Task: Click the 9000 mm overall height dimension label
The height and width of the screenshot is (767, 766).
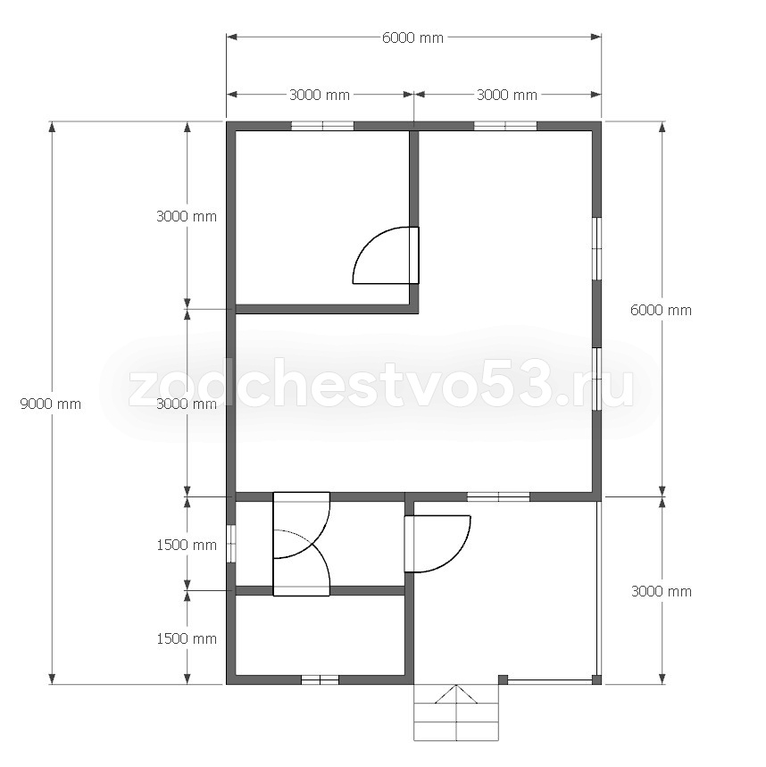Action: [x=50, y=404]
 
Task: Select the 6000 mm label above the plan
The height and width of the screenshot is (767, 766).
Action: [x=412, y=38]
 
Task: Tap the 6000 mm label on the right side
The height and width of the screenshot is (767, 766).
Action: [x=661, y=310]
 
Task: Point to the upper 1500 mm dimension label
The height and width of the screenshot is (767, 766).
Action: [x=187, y=545]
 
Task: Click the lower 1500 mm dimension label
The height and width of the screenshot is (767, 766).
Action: [x=187, y=638]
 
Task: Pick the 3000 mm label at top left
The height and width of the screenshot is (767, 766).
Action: [x=320, y=95]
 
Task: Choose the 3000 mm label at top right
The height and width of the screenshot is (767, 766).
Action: [x=507, y=95]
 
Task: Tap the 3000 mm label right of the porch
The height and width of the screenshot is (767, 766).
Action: [x=662, y=592]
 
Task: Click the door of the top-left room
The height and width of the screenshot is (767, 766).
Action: [x=386, y=255]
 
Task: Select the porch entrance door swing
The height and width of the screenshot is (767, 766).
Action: [x=437, y=544]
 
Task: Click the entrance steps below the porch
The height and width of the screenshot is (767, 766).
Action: [x=456, y=713]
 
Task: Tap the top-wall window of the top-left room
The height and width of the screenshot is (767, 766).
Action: [x=322, y=126]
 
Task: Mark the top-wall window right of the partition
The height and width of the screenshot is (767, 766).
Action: [x=505, y=126]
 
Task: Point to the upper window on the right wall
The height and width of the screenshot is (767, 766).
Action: [x=596, y=248]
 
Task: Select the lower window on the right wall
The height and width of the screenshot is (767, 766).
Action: [x=596, y=379]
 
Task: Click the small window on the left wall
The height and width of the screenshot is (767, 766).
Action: [x=231, y=544]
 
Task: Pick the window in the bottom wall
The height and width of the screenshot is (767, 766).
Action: [x=320, y=679]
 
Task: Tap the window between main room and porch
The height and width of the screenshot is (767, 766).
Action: [x=498, y=496]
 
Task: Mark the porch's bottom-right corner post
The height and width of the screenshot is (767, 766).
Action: [x=596, y=679]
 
